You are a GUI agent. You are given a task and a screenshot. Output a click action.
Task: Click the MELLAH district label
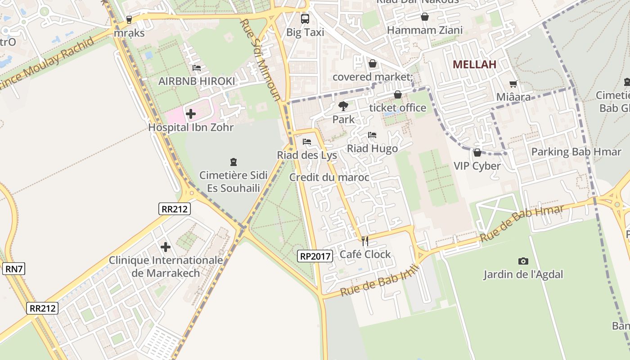click(474, 64)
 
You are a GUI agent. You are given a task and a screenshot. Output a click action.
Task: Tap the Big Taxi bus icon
click(305, 19)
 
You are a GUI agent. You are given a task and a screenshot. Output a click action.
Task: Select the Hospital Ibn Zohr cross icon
click(191, 114)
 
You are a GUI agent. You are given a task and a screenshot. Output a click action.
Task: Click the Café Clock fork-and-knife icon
click(365, 241)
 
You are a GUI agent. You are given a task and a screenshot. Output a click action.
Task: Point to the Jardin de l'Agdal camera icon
click(523, 261)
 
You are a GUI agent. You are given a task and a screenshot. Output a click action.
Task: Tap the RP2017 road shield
click(315, 256)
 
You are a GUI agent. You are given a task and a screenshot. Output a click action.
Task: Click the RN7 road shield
click(14, 269)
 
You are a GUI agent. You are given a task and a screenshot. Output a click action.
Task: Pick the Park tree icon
click(343, 106)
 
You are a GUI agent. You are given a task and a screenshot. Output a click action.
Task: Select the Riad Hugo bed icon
click(372, 135)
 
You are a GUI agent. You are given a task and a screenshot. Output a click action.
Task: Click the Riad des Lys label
click(307, 155)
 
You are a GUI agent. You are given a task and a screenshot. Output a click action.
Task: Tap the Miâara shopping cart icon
click(513, 84)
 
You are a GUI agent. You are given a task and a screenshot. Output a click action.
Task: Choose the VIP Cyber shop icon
click(477, 153)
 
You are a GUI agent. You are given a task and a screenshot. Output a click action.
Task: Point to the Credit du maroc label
click(329, 177)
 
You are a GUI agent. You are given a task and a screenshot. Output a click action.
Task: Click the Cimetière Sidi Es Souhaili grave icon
click(233, 162)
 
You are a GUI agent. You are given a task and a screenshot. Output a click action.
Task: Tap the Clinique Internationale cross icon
click(166, 247)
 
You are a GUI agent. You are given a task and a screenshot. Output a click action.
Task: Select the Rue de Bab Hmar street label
click(522, 224)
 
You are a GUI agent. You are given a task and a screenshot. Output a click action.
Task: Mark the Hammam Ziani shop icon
click(424, 17)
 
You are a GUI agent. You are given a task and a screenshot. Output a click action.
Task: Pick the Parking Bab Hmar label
click(576, 152)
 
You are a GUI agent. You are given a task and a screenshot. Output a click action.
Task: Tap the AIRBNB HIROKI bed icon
click(197, 68)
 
